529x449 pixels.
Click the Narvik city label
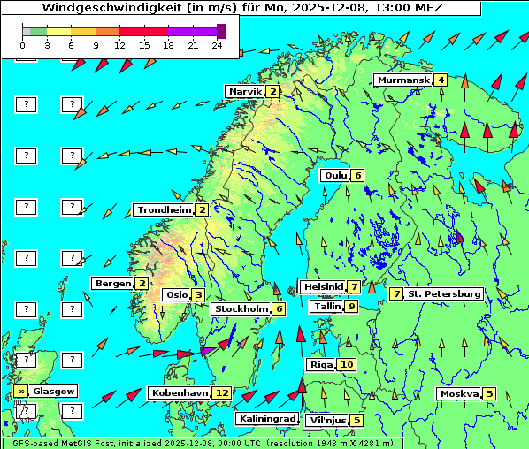(x=245, y=91)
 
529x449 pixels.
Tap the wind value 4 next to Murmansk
(x=441, y=80)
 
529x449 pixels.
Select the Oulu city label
(x=335, y=175)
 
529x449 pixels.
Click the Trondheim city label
(x=164, y=209)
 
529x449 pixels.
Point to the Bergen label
(x=112, y=283)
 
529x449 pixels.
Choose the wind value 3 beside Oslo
(x=199, y=294)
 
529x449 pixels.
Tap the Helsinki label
(x=323, y=286)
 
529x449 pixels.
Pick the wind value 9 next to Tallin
(x=352, y=306)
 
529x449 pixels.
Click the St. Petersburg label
(x=444, y=293)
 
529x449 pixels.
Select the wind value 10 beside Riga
(x=346, y=364)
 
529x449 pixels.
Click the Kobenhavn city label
(x=180, y=392)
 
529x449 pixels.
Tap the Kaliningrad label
(x=266, y=418)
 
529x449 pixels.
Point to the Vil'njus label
(x=326, y=420)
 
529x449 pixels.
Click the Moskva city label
(x=459, y=393)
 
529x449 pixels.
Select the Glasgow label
(x=54, y=391)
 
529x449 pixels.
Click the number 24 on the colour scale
(x=218, y=45)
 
